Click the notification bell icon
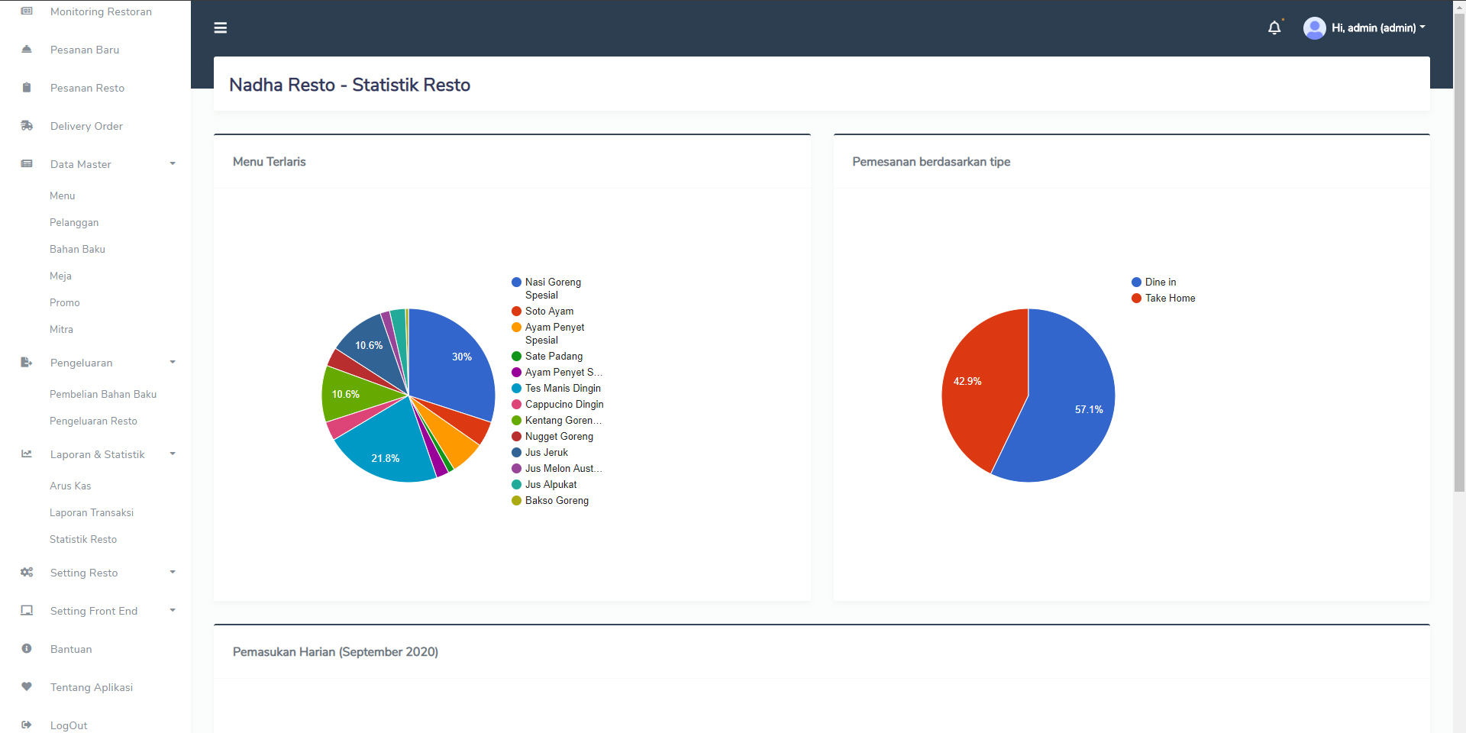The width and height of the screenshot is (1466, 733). tap(1274, 28)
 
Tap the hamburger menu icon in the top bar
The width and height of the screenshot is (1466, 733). tap(221, 28)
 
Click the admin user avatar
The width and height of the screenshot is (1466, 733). tap(1314, 28)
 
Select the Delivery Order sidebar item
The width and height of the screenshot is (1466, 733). tap(86, 126)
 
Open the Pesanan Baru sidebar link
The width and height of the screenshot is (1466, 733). tap(85, 50)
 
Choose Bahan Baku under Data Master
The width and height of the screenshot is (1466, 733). tap(77, 249)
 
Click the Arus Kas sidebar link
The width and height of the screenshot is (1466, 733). tap(70, 486)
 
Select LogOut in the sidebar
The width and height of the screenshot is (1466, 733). tap(69, 725)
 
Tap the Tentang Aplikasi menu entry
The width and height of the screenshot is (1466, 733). tap(92, 687)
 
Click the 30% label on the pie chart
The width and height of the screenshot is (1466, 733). tap(462, 357)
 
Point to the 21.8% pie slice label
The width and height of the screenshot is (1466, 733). tap(386, 458)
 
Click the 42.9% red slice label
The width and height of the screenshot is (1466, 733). tap(967, 381)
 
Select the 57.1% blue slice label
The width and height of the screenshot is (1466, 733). tap(1089, 409)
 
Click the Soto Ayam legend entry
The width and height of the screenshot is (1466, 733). tap(549, 311)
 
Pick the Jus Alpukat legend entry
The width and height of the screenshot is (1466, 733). tap(551, 484)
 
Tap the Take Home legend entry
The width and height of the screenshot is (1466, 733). tap(1170, 298)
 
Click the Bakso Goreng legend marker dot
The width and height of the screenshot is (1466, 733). tap(517, 500)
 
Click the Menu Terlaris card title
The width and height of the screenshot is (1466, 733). tap(270, 162)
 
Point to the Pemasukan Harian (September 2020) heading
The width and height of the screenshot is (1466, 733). tap(335, 651)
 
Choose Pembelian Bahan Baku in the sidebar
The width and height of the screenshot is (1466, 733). tap(103, 394)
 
